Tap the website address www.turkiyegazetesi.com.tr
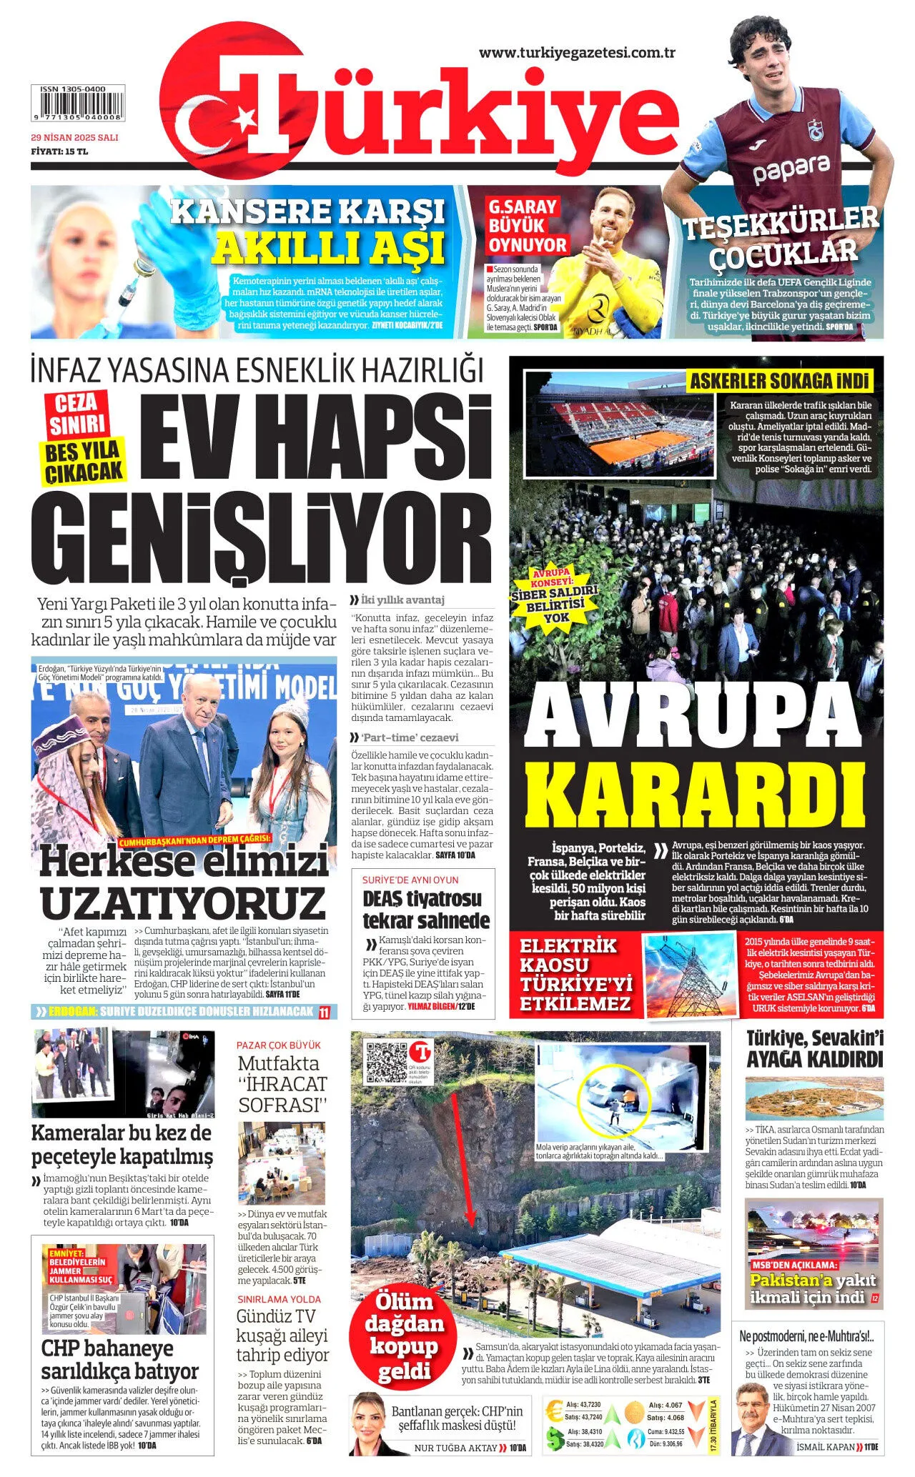[x=577, y=53]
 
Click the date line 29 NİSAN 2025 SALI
[x=74, y=137]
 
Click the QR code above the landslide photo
[x=385, y=1062]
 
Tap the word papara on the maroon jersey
[x=791, y=169]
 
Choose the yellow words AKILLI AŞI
[x=329, y=248]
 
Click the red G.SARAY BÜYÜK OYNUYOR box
[x=526, y=226]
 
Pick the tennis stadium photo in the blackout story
[x=619, y=423]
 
